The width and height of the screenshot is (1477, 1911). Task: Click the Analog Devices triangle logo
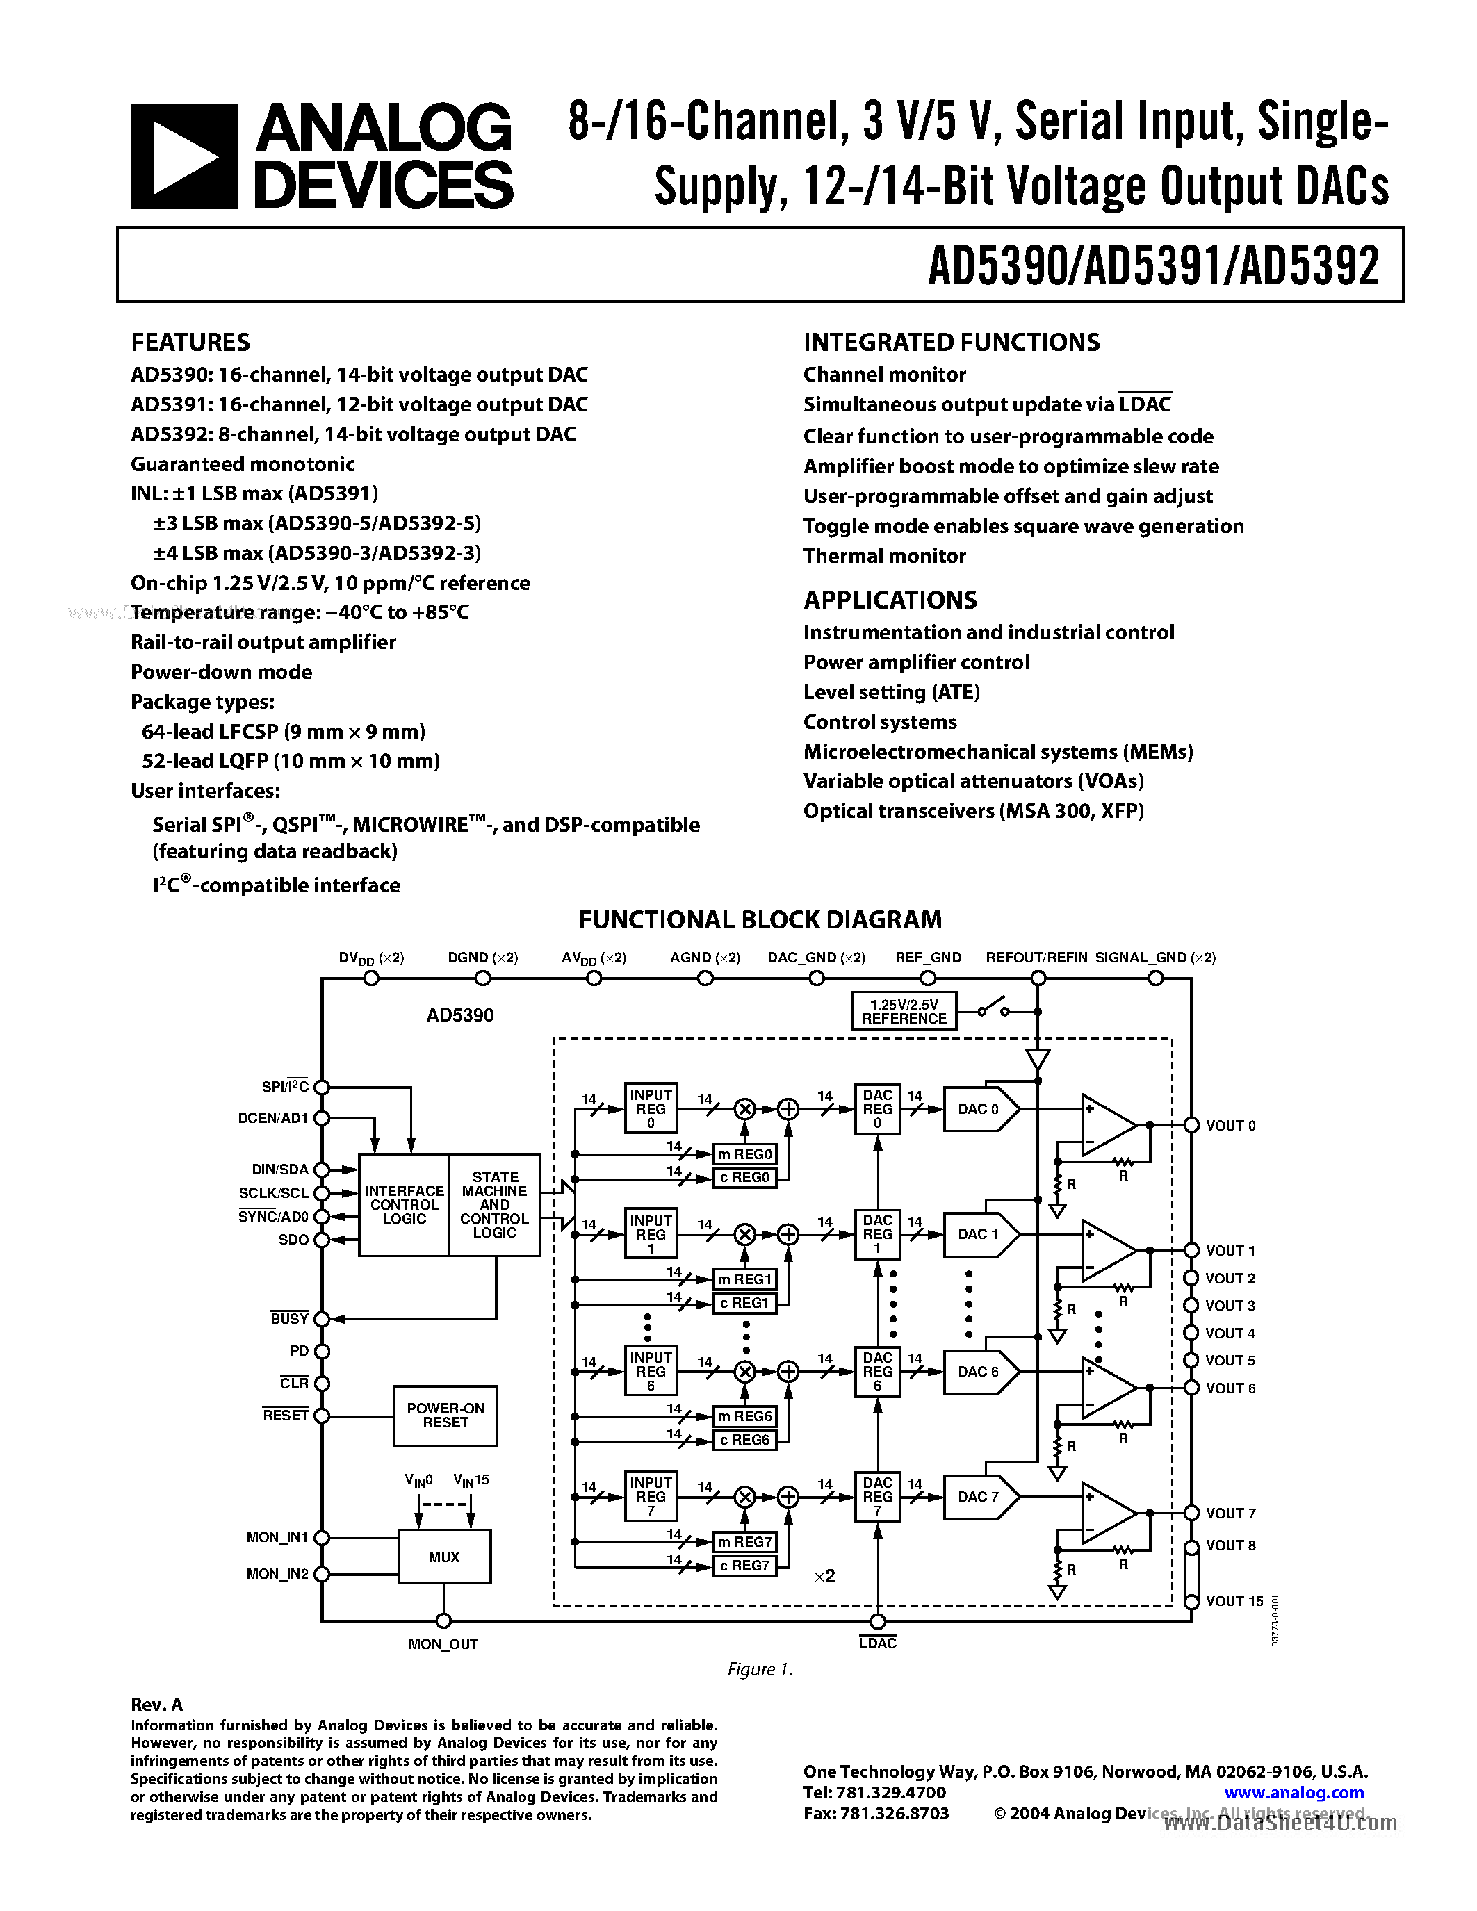(183, 156)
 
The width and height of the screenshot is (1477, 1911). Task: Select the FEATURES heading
(190, 342)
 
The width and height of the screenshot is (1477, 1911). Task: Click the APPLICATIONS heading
(890, 600)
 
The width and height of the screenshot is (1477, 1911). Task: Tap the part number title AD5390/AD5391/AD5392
(1153, 266)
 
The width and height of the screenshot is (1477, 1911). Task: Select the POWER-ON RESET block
(446, 1416)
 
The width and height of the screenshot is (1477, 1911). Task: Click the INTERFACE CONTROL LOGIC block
(405, 1205)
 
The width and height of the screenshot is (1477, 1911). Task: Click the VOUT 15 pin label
(1234, 1601)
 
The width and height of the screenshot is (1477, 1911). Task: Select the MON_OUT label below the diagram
(443, 1644)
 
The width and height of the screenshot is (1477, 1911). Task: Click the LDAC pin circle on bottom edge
(878, 1621)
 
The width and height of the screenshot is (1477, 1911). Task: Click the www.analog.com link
(1294, 1793)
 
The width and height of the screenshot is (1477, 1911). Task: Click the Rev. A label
(156, 1705)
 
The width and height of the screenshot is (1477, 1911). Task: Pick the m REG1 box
(744, 1280)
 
